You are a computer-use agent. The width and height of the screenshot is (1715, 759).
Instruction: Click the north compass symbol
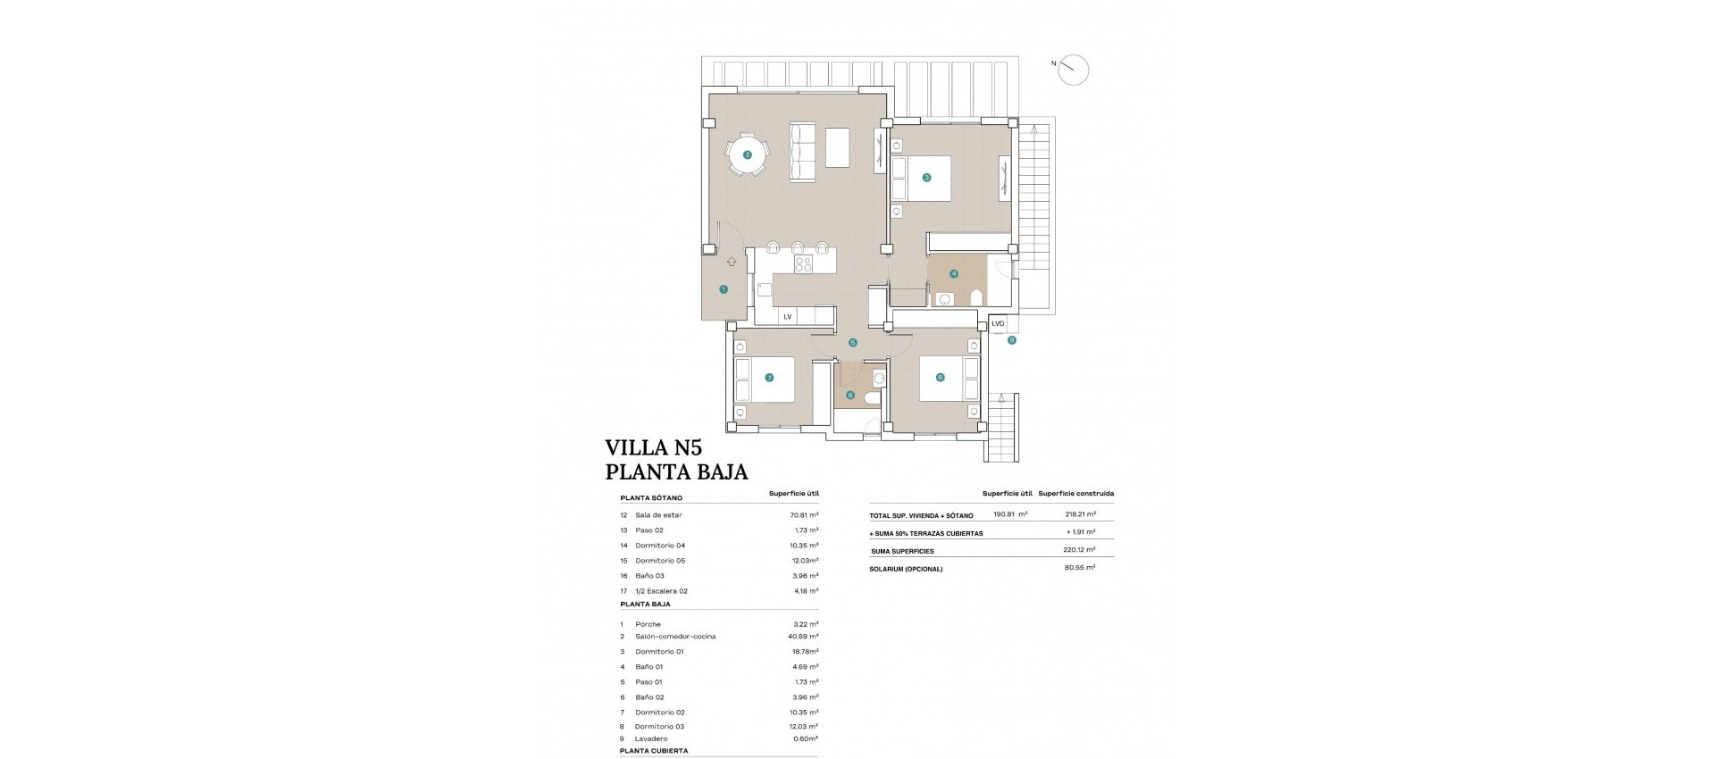click(1073, 70)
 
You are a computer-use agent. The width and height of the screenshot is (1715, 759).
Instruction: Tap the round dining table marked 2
click(748, 154)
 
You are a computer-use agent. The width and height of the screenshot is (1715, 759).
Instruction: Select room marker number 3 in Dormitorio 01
click(926, 178)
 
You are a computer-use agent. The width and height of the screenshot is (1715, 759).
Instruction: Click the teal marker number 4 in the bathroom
click(954, 274)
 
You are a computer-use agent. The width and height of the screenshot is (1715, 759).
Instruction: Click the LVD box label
click(998, 323)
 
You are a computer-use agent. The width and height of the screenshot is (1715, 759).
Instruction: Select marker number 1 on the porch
click(724, 289)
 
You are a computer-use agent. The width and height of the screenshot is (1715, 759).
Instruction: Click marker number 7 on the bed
click(769, 378)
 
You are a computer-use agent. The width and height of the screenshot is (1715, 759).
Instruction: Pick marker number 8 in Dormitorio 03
click(940, 378)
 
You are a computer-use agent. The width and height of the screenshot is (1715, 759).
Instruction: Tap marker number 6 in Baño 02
click(849, 395)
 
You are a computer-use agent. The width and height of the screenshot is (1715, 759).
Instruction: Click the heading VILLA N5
click(653, 447)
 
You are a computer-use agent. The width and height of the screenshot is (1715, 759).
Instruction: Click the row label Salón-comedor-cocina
click(675, 637)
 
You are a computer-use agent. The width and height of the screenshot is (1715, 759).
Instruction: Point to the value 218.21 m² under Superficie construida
click(1080, 514)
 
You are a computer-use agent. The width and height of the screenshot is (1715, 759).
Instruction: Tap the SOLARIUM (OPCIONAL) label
click(906, 569)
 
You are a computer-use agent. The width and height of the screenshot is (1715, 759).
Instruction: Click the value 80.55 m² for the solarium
click(1080, 567)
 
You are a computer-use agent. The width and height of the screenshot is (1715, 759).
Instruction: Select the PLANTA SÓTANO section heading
click(651, 498)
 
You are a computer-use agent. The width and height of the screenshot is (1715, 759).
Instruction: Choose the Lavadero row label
click(651, 738)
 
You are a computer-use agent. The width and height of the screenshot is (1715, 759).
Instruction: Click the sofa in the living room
click(803, 152)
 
